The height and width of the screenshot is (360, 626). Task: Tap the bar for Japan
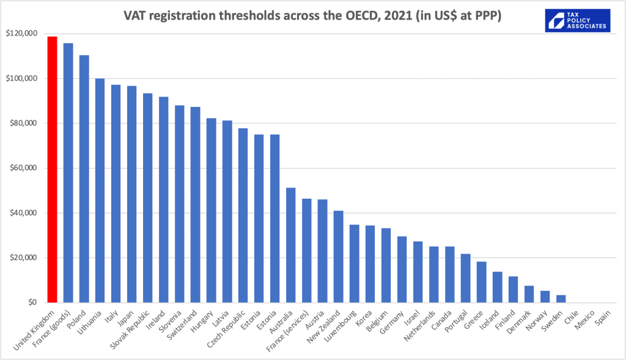tap(131, 194)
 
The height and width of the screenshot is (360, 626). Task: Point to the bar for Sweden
tap(561, 298)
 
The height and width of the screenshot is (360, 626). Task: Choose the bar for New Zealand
tap(338, 256)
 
